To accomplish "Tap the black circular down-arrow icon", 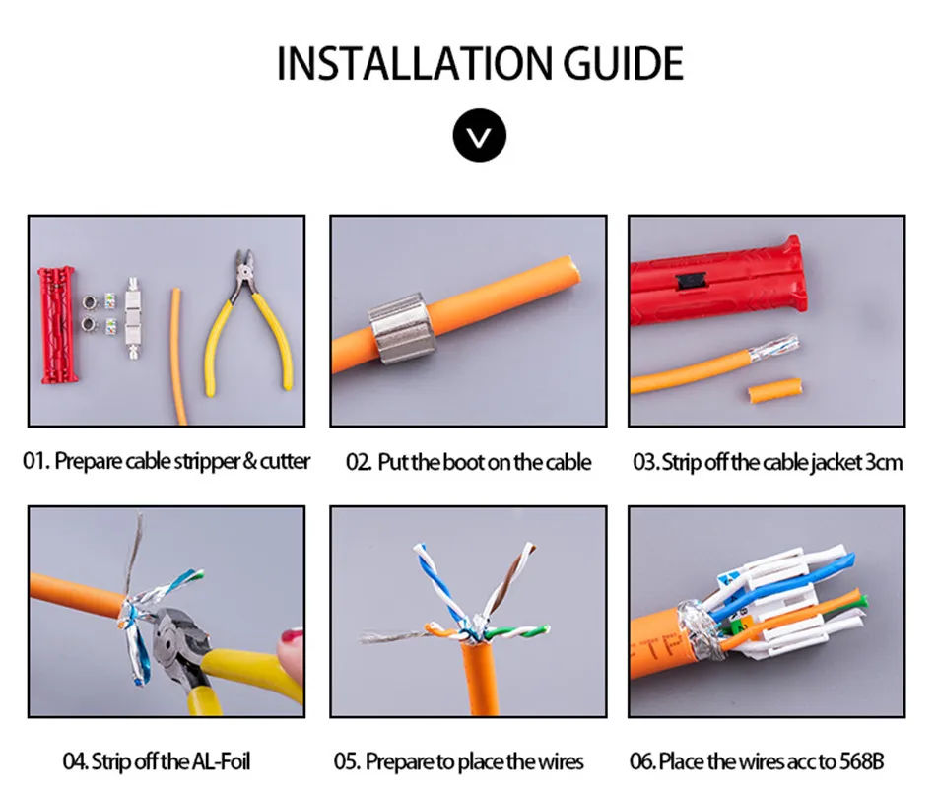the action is point(480,135).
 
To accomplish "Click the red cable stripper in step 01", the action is point(57,324).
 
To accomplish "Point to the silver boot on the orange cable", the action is point(398,326).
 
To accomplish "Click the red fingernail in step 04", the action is point(292,637).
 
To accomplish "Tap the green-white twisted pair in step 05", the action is point(516,631).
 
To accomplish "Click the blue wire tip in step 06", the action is point(847,561).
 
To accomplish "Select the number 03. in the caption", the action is point(646,462).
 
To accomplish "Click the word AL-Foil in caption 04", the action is point(221,761).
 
